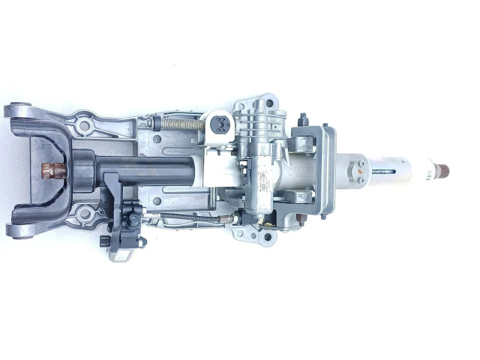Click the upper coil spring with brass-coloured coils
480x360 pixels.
point(180,124)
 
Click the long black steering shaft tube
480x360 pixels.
point(150,170)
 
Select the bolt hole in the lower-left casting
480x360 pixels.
point(85,215)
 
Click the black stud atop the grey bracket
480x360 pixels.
point(303,118)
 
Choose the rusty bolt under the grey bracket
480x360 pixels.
point(299,220)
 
